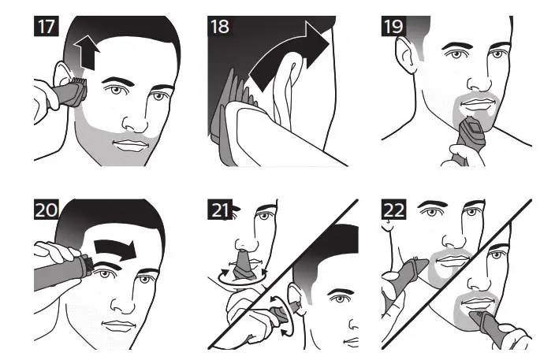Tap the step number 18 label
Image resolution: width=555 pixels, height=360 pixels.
pos(221,26)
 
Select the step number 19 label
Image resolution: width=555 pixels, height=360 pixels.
pos(394,26)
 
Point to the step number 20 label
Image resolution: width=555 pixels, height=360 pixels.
pos(46,210)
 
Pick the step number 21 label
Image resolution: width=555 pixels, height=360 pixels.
pos(221,210)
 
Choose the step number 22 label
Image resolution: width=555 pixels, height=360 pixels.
pos(394,210)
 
